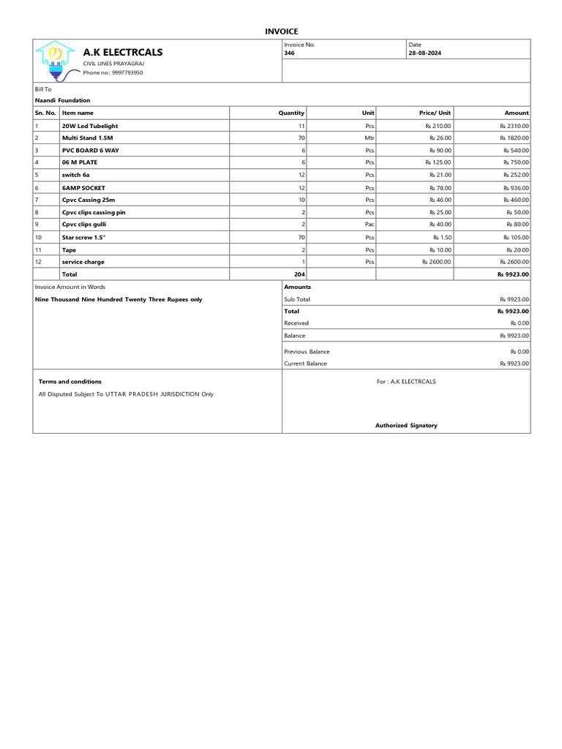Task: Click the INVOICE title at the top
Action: tap(281, 31)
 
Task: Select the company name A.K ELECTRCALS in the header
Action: tap(123, 52)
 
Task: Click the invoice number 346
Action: tap(289, 53)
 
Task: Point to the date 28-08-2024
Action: tap(424, 53)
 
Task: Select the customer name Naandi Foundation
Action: tap(63, 100)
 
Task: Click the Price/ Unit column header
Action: tap(435, 113)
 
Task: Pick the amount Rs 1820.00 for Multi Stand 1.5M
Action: tap(514, 138)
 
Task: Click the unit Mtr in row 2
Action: tap(370, 138)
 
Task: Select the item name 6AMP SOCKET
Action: tap(83, 187)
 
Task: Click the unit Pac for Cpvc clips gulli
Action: tap(370, 225)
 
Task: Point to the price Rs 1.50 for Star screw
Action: tap(442, 237)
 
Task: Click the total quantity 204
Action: tap(299, 274)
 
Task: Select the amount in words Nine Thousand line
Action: tap(119, 299)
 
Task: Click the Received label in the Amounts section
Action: tap(296, 323)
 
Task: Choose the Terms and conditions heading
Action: tap(70, 381)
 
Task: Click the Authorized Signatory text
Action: tap(406, 425)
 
